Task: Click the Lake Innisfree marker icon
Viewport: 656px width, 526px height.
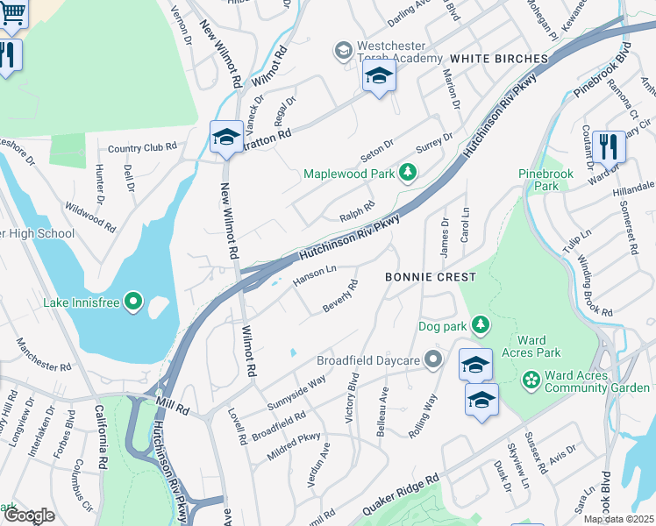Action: (133, 302)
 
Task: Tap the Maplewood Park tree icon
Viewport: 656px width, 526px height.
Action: (407, 173)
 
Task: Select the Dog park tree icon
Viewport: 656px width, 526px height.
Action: (480, 326)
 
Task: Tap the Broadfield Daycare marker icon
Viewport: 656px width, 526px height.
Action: (431, 359)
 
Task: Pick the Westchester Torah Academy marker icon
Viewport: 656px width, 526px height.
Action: (343, 51)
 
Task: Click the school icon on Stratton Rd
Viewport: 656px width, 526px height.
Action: (226, 137)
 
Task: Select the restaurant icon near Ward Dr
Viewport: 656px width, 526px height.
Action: (608, 146)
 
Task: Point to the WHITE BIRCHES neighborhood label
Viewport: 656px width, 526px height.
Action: (499, 59)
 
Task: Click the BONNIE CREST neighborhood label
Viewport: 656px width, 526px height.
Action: (431, 277)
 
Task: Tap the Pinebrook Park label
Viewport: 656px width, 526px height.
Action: (545, 180)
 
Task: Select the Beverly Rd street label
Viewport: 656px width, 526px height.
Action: (341, 295)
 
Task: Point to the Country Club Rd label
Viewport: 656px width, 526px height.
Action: (142, 148)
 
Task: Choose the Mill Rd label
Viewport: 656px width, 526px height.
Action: (174, 409)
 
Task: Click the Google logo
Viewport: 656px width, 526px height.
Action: (29, 515)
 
